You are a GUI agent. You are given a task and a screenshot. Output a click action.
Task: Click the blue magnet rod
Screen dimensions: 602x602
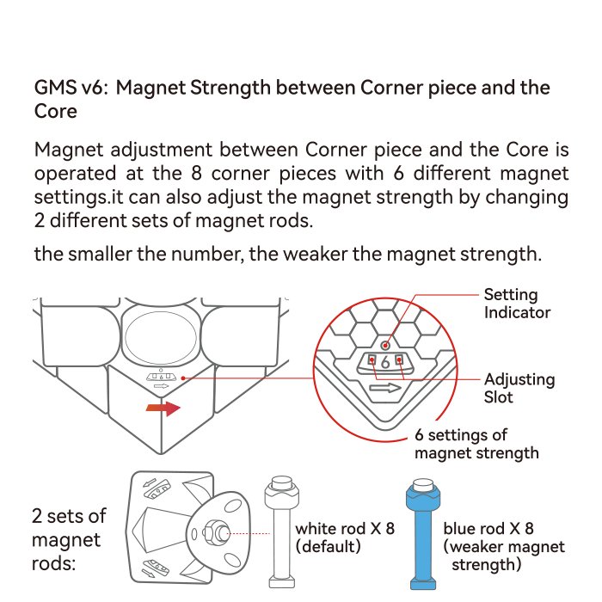click(423, 534)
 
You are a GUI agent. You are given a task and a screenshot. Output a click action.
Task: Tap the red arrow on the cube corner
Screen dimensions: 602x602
click(163, 408)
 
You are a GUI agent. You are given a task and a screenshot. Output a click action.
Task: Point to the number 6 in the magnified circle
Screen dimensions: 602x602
click(385, 362)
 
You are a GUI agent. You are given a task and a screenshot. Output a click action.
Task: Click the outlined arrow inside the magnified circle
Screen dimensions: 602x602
click(385, 388)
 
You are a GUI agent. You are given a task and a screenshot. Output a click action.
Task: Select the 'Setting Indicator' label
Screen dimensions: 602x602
click(517, 304)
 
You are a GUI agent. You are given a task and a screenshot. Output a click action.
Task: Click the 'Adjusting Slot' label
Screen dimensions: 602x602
click(519, 388)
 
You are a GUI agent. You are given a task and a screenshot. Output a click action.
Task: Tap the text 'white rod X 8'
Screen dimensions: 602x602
click(345, 529)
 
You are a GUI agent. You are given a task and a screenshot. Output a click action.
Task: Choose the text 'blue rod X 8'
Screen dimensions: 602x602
click(488, 529)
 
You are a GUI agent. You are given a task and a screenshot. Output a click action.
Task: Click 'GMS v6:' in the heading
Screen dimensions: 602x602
click(70, 88)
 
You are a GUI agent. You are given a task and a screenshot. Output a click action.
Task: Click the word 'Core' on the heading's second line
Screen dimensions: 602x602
click(56, 111)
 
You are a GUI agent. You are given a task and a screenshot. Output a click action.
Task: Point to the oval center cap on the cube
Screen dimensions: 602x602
click(161, 338)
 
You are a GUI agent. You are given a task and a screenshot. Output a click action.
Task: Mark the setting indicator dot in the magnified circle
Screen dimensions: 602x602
click(385, 346)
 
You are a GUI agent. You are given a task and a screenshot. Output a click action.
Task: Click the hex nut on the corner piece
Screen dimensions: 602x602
click(212, 533)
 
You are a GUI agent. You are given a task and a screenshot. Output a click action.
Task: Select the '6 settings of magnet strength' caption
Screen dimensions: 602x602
click(476, 445)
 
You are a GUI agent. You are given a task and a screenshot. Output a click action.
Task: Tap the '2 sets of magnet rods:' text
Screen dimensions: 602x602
click(69, 539)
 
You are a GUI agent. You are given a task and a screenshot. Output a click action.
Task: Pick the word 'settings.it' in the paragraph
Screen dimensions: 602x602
click(79, 197)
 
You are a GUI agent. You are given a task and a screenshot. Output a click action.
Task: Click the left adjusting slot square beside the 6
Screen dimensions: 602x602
click(372, 360)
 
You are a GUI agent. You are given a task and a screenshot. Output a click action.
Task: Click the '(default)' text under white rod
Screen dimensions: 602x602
click(329, 546)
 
